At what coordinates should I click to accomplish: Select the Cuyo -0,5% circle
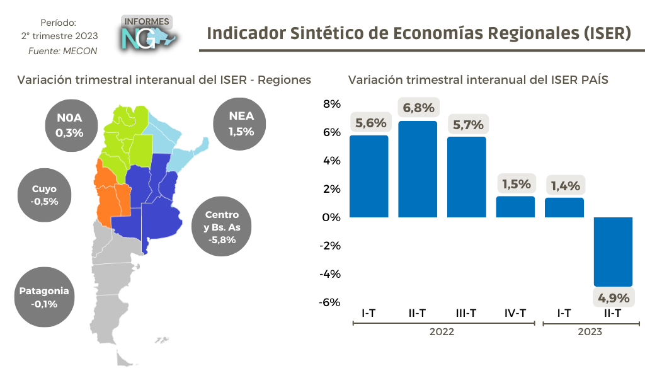tap(45, 195)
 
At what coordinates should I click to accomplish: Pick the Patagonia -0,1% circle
tap(44, 297)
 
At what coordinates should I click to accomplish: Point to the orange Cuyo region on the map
tap(110, 192)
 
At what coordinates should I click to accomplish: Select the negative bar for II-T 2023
tap(614, 251)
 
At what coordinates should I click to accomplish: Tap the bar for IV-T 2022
tap(516, 207)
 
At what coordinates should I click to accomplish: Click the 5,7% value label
tap(467, 124)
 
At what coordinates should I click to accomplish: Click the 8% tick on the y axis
tap(332, 104)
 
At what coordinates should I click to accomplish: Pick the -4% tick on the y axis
tap(330, 274)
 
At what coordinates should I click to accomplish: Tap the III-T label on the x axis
tap(467, 313)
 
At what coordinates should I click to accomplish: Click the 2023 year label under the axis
tap(590, 332)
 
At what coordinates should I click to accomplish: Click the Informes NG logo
tap(147, 33)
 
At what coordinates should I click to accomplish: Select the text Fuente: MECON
tap(62, 51)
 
